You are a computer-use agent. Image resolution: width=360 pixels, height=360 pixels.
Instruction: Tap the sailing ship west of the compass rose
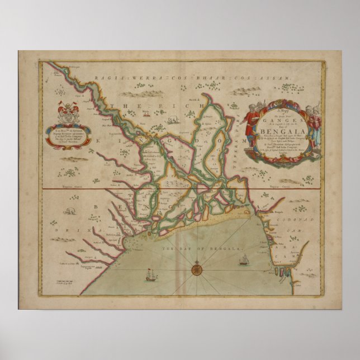point(150,274)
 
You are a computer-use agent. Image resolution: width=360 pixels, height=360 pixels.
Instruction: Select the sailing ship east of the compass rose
point(244,260)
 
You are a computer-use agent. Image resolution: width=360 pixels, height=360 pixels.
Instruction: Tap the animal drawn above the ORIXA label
point(71,211)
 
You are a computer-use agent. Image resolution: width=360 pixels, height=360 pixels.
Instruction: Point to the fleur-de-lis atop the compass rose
point(196,259)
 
